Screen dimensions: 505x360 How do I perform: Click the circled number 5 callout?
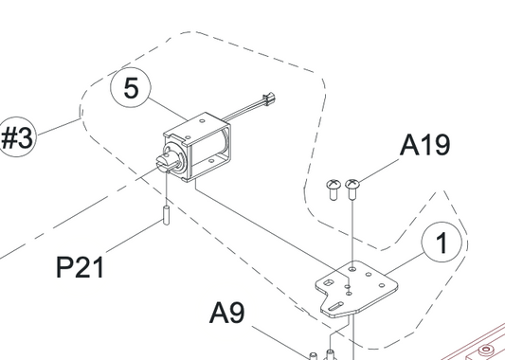(x=131, y=88)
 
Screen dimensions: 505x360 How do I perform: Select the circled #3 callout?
(x=17, y=136)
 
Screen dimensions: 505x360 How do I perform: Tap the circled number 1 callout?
(x=442, y=243)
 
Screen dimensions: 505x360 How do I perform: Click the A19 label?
(x=424, y=145)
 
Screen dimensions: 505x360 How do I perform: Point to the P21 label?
(x=80, y=267)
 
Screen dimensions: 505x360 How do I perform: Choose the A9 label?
(x=227, y=313)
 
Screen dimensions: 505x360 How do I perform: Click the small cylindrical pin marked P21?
(x=166, y=215)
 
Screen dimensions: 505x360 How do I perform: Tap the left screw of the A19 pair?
(x=334, y=189)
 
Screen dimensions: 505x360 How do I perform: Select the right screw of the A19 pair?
(x=352, y=189)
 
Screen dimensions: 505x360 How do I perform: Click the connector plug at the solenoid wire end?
(x=268, y=98)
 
